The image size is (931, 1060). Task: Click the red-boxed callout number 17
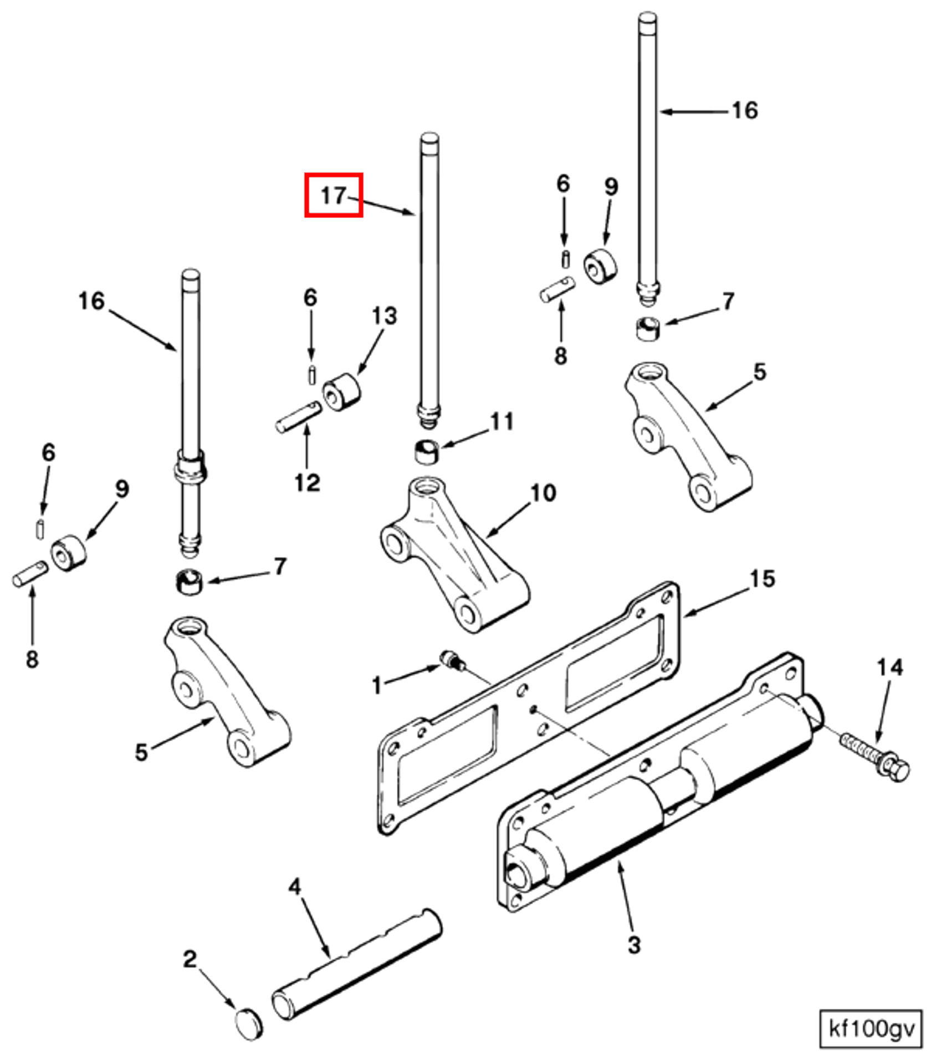tap(333, 195)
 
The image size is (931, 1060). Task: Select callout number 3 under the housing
tap(634, 944)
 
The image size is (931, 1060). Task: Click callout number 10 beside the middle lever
tap(543, 492)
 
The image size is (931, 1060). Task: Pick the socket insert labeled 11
tap(427, 452)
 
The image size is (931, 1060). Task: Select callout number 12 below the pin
tap(307, 482)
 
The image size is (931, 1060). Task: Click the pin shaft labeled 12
tap(298, 416)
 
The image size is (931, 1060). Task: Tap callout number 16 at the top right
tap(744, 110)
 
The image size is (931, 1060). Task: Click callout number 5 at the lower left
tap(142, 752)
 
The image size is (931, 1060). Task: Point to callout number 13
tap(384, 315)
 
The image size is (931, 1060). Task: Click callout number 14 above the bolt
tap(890, 667)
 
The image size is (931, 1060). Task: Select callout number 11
tap(502, 421)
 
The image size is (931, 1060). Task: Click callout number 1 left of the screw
tap(377, 686)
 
